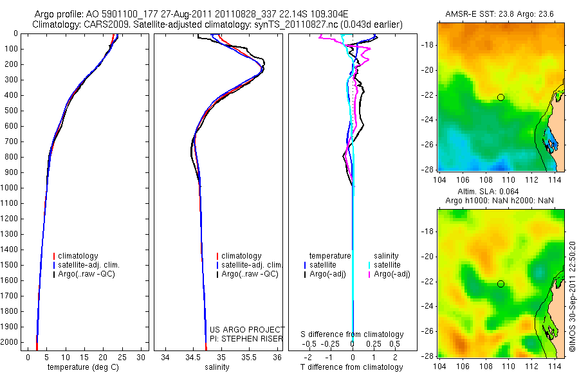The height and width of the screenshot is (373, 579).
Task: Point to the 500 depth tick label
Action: [10, 111]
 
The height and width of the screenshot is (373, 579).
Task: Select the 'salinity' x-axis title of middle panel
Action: [216, 367]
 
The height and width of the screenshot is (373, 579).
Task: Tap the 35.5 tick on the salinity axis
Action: [250, 357]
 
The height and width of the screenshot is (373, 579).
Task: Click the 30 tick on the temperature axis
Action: [142, 357]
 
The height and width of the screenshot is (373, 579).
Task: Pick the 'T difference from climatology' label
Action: [353, 367]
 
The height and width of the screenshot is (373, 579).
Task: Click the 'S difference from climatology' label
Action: [353, 334]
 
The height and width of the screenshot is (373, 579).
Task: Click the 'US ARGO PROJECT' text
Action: [247, 329]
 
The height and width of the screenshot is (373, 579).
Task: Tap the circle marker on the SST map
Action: [501, 97]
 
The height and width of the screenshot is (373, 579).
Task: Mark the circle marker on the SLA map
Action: [501, 284]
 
